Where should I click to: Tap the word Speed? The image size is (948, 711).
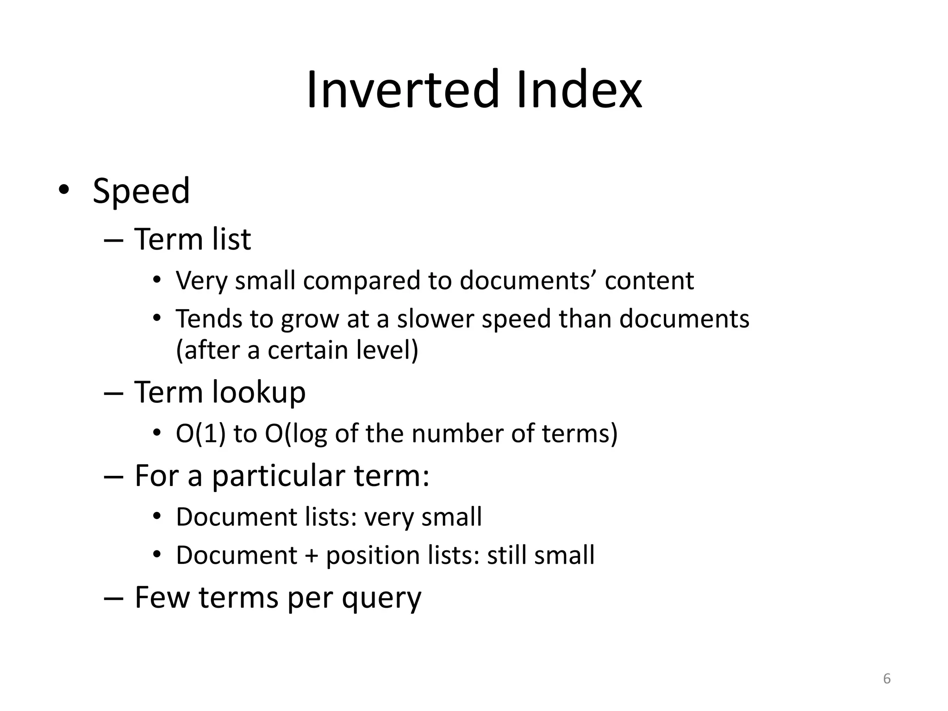click(141, 191)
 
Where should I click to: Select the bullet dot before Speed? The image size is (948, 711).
click(63, 190)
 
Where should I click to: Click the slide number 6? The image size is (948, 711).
click(887, 679)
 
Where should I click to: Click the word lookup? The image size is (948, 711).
click(259, 393)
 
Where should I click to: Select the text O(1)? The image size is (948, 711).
click(201, 434)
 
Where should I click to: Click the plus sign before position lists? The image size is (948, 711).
click(311, 555)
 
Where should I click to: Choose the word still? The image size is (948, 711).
click(506, 555)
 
